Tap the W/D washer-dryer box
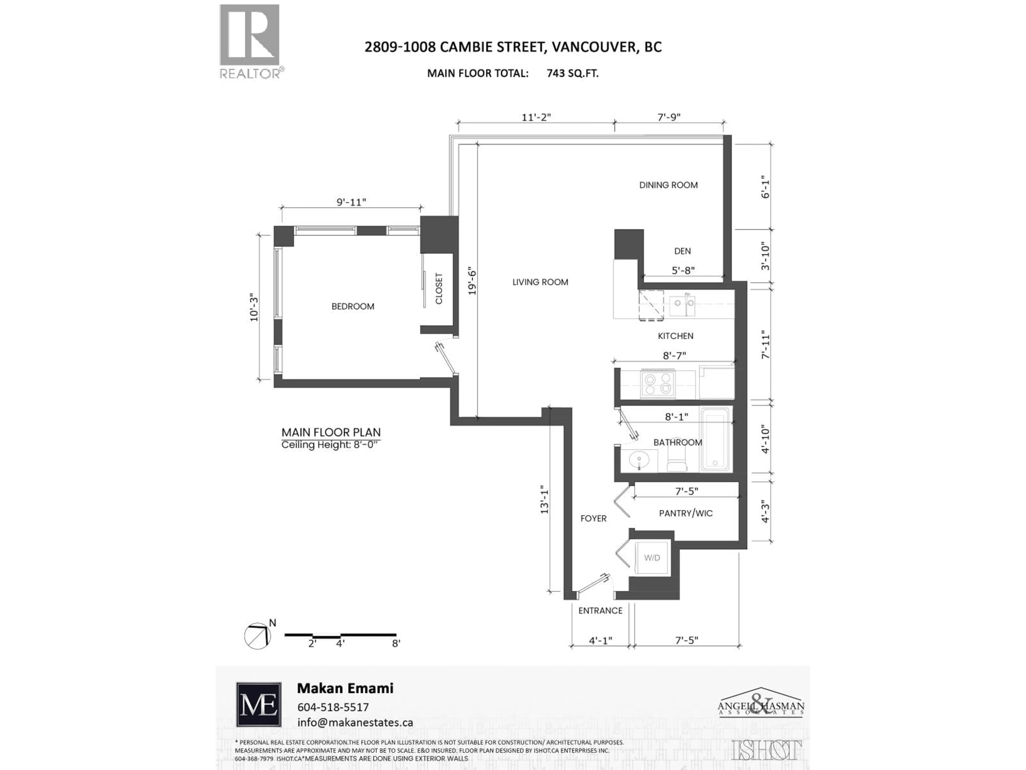pyautogui.click(x=652, y=558)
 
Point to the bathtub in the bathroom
pyautogui.click(x=715, y=439)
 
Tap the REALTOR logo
pyautogui.click(x=250, y=41)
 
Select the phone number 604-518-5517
pyautogui.click(x=333, y=707)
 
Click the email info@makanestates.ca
pyautogui.click(x=355, y=723)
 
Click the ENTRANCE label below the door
pyautogui.click(x=600, y=611)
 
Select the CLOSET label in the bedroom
pyautogui.click(x=439, y=289)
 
